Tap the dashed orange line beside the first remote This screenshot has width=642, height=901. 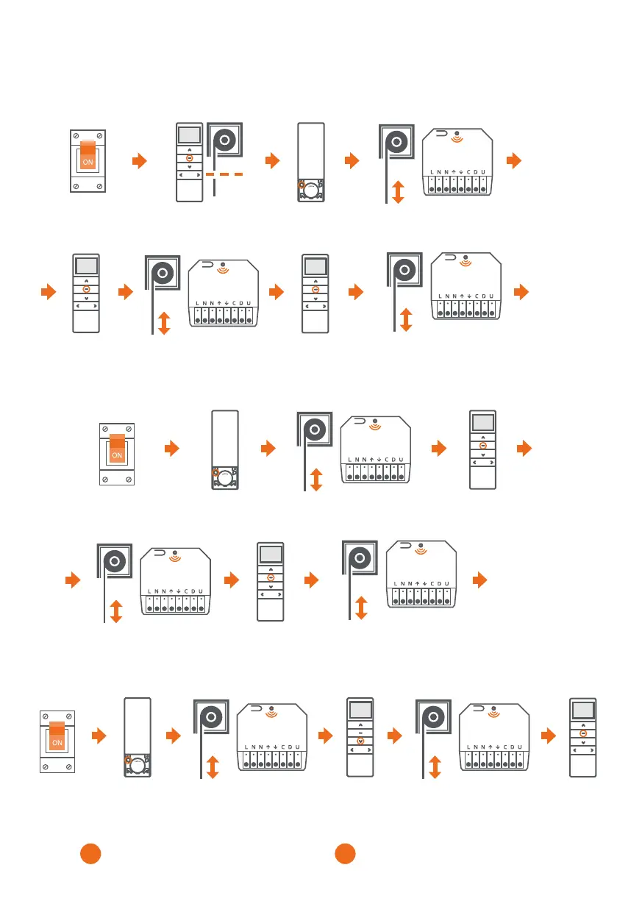[227, 174]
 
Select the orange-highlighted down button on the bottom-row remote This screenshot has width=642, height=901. [360, 741]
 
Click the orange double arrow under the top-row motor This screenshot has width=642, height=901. [398, 193]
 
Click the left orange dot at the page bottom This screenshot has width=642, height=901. [90, 854]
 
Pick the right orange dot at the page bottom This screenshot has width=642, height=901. [345, 854]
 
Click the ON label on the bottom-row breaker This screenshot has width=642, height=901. [57, 744]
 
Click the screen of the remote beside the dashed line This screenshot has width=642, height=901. [189, 136]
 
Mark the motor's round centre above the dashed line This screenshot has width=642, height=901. [224, 140]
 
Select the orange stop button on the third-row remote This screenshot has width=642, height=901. [482, 446]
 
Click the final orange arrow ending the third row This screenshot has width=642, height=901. [523, 447]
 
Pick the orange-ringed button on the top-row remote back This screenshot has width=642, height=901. [302, 186]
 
